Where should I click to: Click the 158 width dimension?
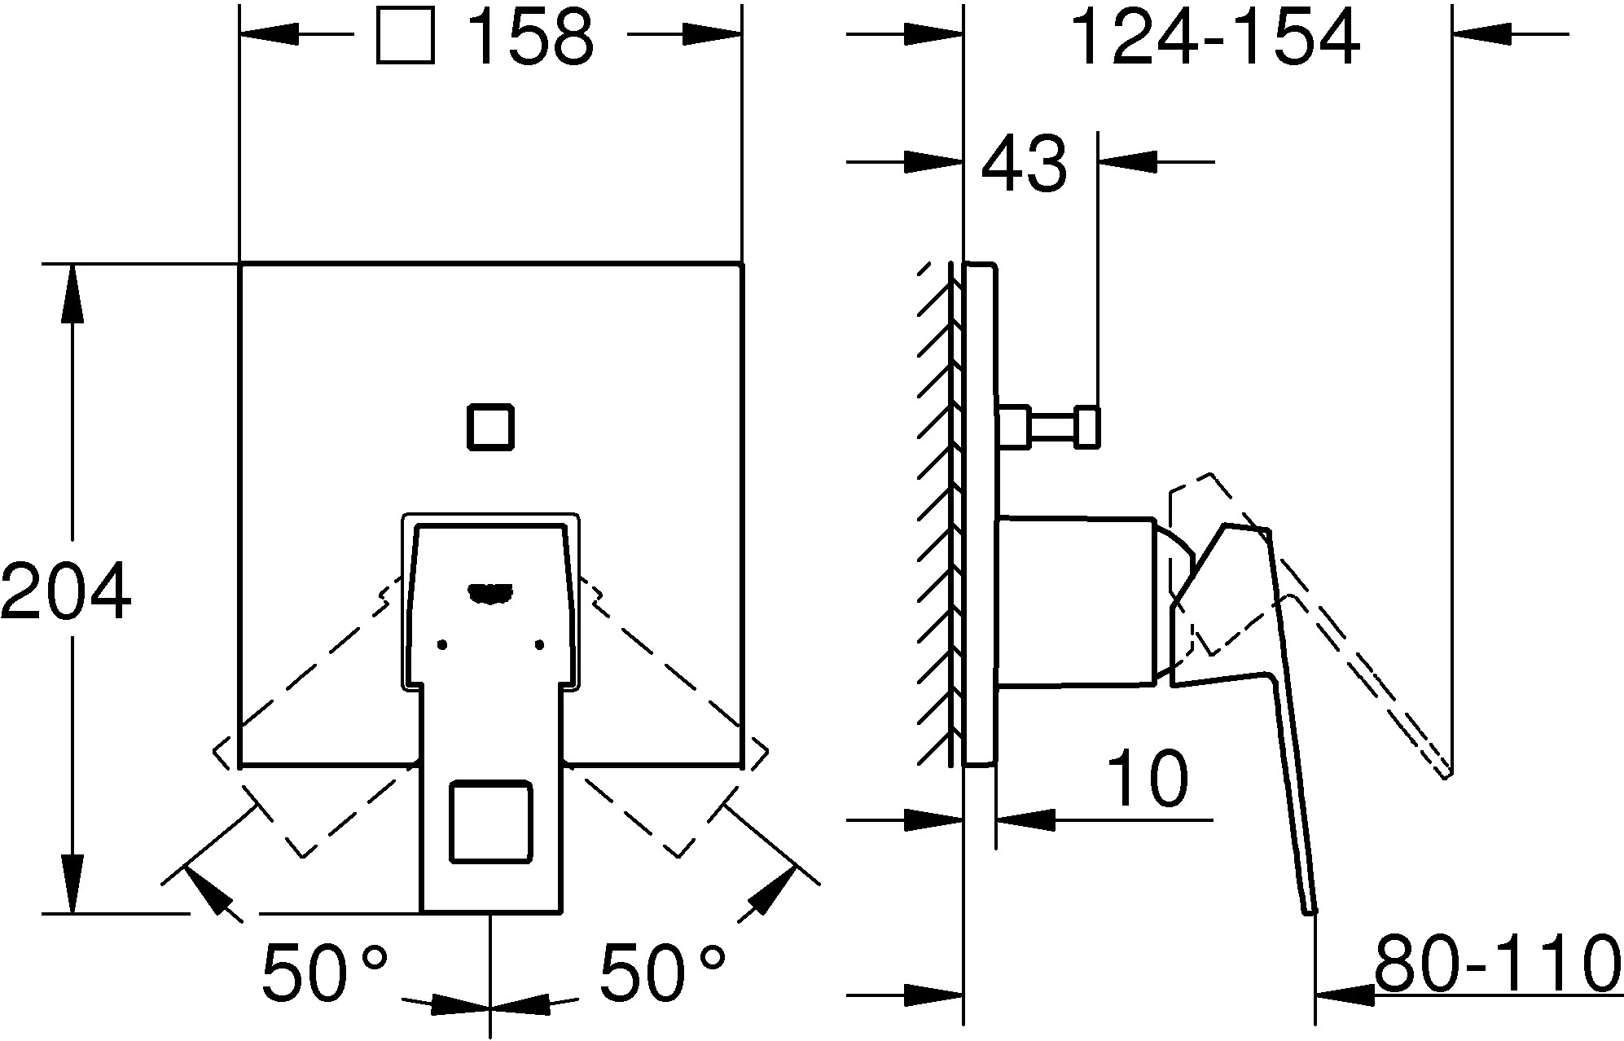tap(533, 37)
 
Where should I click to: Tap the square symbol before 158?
tap(406, 37)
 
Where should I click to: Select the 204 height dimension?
tap(65, 591)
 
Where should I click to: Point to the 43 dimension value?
tap(1024, 164)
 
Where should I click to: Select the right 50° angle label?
tap(662, 972)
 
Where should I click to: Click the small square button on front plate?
tap(490, 427)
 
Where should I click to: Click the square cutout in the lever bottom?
tap(491, 821)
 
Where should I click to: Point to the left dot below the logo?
tap(442, 645)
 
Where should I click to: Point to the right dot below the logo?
tap(539, 645)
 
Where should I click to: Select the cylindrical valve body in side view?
tap(1077, 601)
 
